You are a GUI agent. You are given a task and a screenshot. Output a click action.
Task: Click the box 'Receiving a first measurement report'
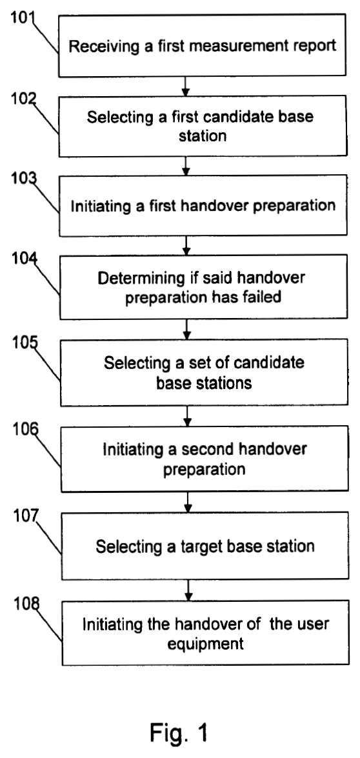[x=202, y=45]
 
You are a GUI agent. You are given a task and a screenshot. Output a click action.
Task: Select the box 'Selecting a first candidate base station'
[x=203, y=126]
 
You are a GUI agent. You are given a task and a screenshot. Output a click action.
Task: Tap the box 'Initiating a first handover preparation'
[x=203, y=205]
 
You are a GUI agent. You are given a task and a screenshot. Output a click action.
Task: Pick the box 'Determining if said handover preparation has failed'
[x=203, y=286]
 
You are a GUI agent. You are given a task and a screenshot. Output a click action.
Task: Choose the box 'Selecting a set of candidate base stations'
[x=204, y=372]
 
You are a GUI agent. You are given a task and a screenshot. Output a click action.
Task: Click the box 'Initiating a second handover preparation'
[x=205, y=459]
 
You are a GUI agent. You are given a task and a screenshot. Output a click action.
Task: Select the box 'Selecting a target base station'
[x=205, y=546]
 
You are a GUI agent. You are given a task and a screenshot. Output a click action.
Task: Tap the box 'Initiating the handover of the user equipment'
[x=205, y=633]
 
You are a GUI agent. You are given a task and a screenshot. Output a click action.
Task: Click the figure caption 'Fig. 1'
[x=179, y=732]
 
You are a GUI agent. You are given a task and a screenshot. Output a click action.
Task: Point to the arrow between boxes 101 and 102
[x=186, y=86]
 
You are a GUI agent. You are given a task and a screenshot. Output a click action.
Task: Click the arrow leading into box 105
[x=188, y=329]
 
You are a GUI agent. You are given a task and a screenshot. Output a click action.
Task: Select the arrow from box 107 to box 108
[x=189, y=590]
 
